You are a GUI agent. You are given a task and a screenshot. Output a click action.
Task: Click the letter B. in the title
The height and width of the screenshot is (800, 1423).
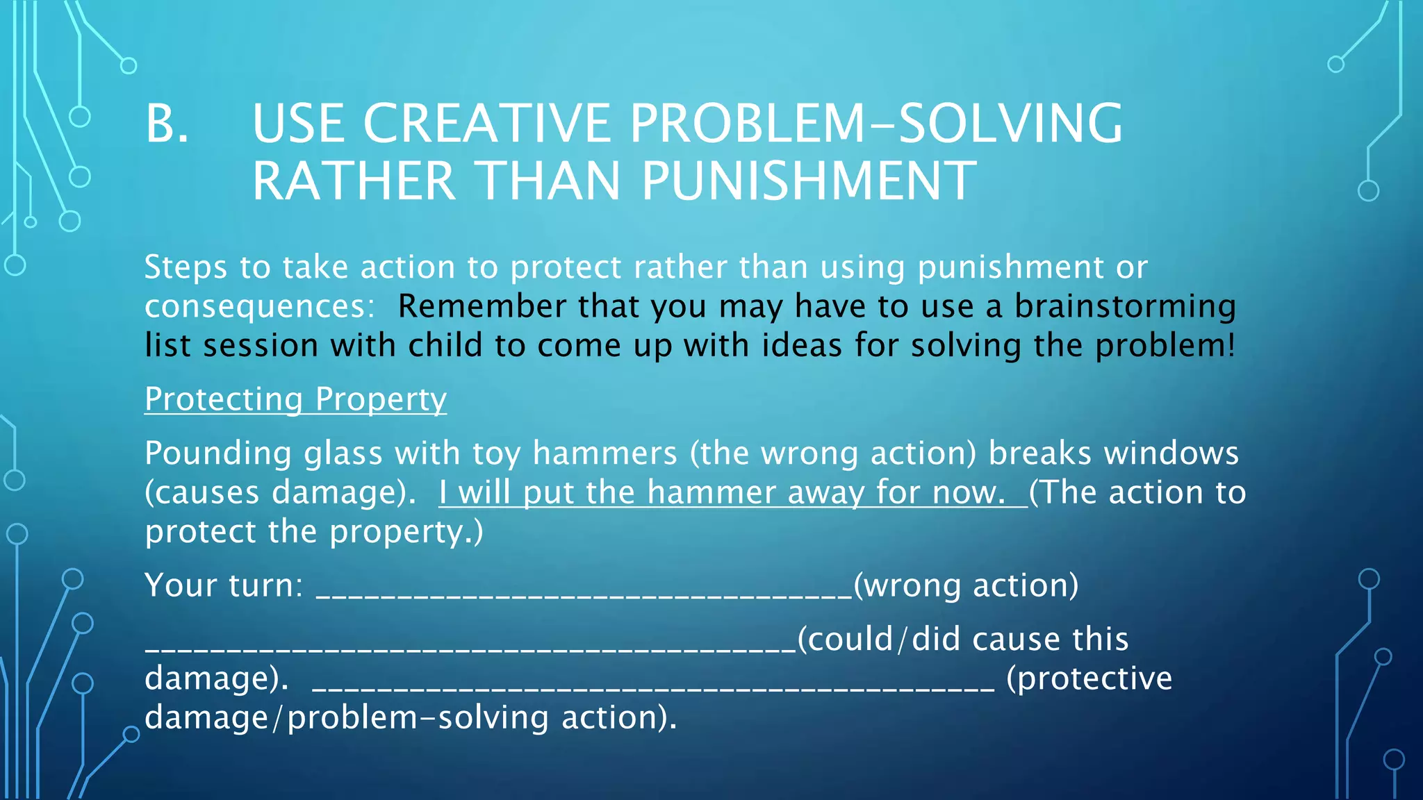(167, 124)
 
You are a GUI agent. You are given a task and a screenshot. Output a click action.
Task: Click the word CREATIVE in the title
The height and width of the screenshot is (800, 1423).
(486, 124)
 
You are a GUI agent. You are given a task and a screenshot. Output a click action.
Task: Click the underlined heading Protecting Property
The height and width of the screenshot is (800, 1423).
(295, 399)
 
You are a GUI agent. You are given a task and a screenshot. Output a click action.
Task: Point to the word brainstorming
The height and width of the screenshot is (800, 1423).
(1125, 306)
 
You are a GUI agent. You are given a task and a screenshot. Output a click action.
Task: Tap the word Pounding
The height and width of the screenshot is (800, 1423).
(218, 453)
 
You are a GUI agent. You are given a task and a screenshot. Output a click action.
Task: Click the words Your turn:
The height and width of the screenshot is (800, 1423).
(224, 585)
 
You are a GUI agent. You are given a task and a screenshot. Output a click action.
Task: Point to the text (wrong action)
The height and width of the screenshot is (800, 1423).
(966, 585)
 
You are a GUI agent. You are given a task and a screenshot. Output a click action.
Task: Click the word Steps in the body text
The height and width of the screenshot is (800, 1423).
(186, 267)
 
